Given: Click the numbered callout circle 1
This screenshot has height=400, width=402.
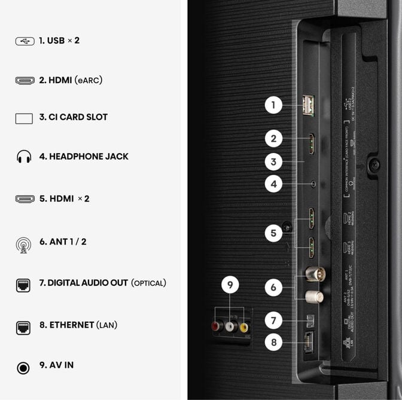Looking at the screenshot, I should pyautogui.click(x=273, y=106).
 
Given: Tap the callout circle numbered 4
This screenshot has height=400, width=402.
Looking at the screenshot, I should pyautogui.click(x=273, y=184).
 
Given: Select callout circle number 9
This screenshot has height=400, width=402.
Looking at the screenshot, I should pyautogui.click(x=230, y=286).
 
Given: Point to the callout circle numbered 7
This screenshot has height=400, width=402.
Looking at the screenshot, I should pyautogui.click(x=273, y=321).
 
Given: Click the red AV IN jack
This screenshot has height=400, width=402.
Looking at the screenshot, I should pyautogui.click(x=215, y=326).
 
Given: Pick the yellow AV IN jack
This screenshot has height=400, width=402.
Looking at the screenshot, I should pyautogui.click(x=243, y=326).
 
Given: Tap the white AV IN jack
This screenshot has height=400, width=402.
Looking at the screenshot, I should pyautogui.click(x=230, y=326).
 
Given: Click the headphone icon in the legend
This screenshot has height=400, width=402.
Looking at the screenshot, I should pyautogui.click(x=24, y=157).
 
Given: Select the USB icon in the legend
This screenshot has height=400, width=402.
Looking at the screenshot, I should pyautogui.click(x=25, y=41).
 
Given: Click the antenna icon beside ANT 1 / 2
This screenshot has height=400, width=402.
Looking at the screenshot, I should pyautogui.click(x=24, y=244).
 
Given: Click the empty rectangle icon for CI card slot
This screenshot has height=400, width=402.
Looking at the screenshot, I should pyautogui.click(x=24, y=118).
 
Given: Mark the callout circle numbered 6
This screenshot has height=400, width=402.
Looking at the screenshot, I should pyautogui.click(x=273, y=288).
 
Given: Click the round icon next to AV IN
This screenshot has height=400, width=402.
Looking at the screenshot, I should pyautogui.click(x=23, y=367).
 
